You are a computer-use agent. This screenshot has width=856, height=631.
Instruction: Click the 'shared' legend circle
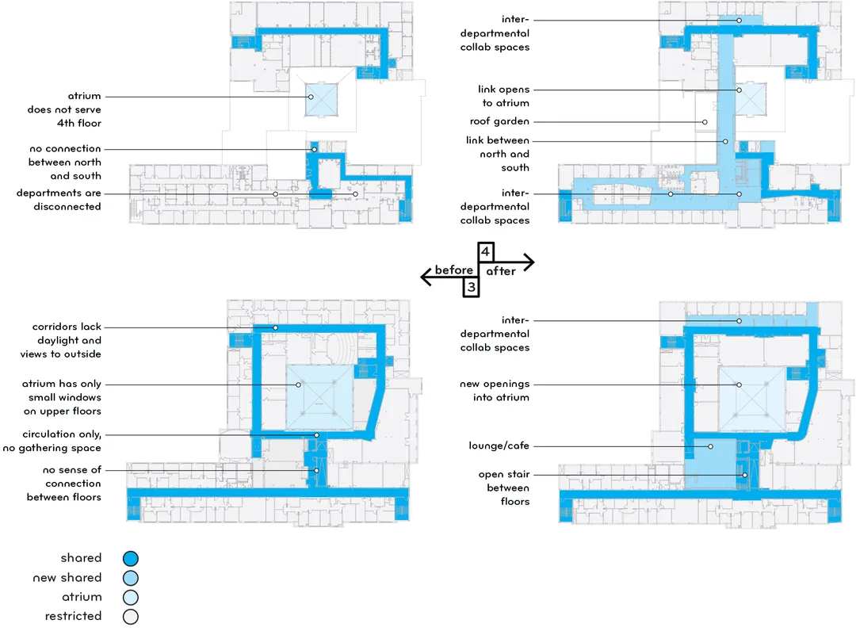click(x=131, y=558)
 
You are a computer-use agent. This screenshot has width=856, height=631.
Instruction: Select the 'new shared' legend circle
click(x=131, y=578)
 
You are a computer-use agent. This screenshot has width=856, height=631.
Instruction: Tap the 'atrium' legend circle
click(x=131, y=597)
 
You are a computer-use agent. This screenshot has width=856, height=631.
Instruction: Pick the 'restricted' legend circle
click(x=131, y=617)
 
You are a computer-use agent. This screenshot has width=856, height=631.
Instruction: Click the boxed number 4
click(x=486, y=252)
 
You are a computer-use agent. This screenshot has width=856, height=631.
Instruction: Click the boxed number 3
click(x=471, y=287)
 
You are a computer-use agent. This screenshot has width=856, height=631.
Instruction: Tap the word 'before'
click(x=453, y=270)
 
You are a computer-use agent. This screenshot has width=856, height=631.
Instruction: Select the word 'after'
click(x=501, y=271)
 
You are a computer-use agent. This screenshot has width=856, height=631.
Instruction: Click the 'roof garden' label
click(x=499, y=121)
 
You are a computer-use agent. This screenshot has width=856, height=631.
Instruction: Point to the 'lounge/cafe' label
click(x=499, y=446)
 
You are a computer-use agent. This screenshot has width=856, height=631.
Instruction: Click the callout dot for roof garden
click(x=705, y=122)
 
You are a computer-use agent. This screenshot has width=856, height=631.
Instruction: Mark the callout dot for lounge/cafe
click(x=710, y=446)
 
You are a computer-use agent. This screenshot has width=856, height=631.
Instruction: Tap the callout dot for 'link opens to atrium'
click(x=739, y=90)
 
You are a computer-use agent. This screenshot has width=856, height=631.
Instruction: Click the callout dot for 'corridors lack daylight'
click(x=276, y=327)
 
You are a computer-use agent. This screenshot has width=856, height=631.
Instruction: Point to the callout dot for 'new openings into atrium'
click(x=739, y=384)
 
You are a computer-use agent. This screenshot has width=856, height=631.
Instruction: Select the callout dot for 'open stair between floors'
click(x=744, y=475)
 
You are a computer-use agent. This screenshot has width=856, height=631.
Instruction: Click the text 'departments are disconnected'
click(x=59, y=200)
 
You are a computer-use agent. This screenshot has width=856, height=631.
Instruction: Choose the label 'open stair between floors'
click(x=504, y=488)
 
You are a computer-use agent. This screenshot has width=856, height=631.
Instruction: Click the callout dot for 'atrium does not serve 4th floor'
click(x=311, y=97)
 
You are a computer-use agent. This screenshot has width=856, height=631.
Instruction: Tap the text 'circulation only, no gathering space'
click(x=52, y=441)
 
